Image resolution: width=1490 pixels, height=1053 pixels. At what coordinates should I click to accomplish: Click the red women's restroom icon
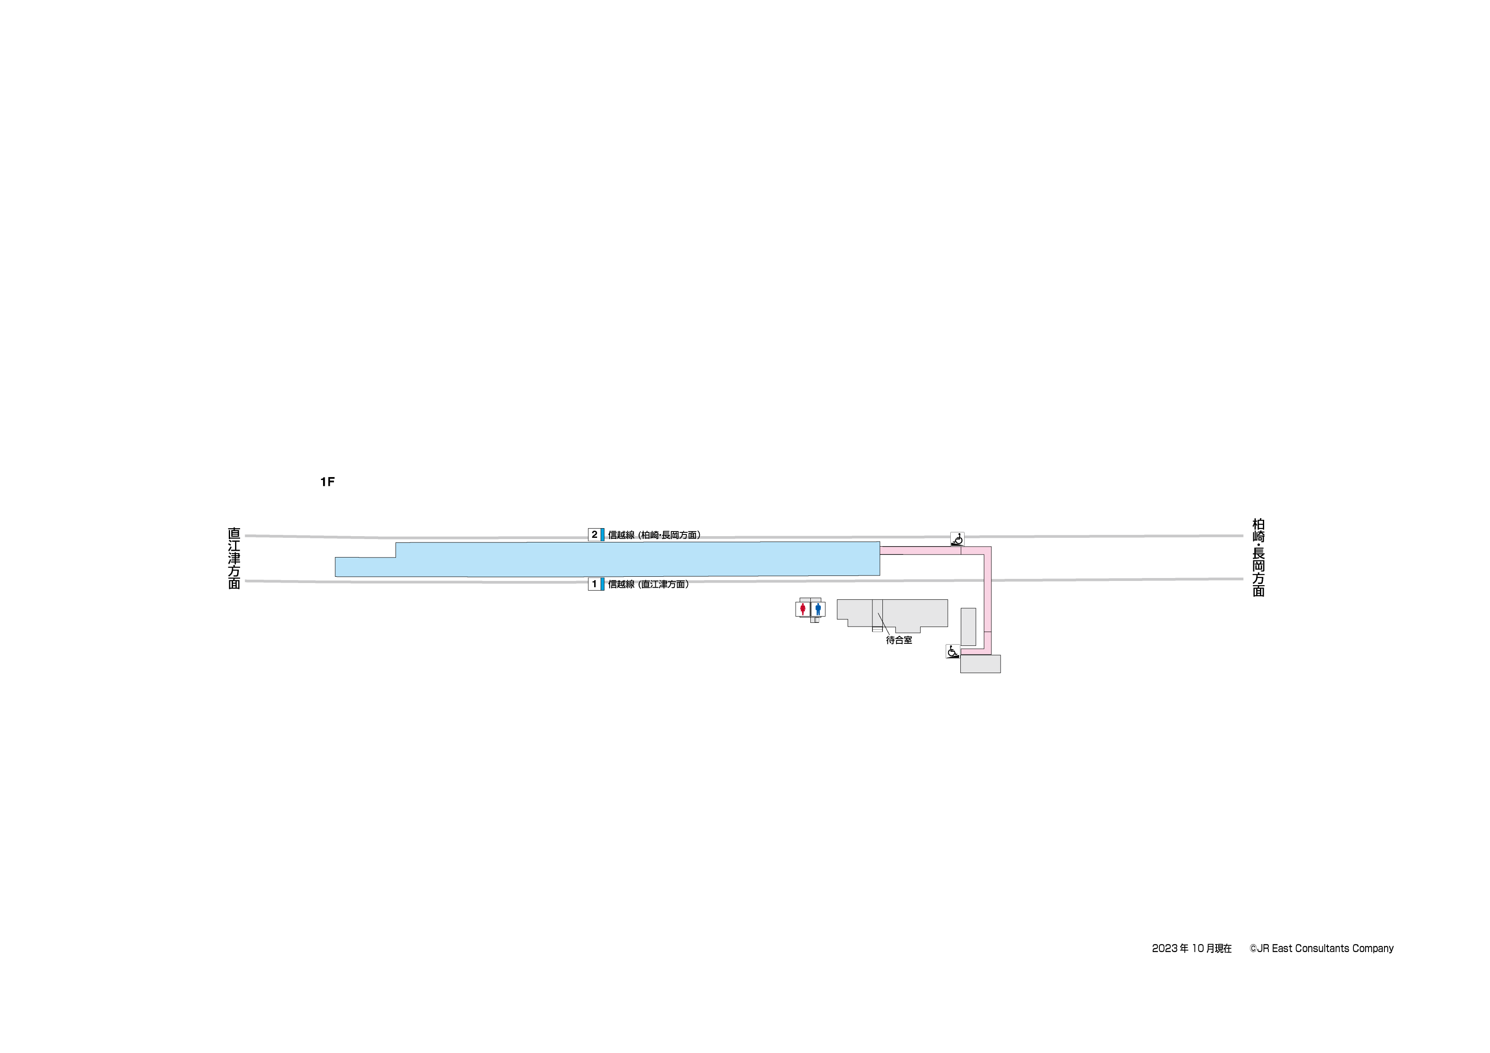pos(803,609)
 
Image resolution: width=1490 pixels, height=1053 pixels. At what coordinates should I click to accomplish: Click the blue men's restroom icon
pos(817,609)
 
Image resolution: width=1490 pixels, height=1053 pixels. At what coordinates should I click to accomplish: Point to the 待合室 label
pos(899,640)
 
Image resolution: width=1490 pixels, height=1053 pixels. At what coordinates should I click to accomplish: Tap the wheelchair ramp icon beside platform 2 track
pos(957,539)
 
